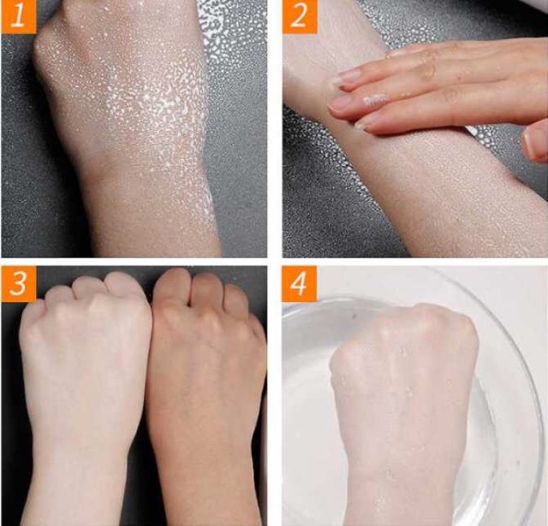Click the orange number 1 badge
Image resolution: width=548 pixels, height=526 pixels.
pyautogui.click(x=18, y=17)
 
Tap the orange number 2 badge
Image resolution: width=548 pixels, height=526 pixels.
pyautogui.click(x=300, y=17)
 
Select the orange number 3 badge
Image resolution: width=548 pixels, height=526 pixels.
pyautogui.click(x=18, y=283)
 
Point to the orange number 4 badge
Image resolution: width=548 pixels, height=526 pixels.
pyautogui.click(x=300, y=283)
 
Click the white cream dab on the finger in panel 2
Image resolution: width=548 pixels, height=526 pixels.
pyautogui.click(x=375, y=100)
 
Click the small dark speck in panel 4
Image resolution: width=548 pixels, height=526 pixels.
pyautogui.click(x=356, y=316)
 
